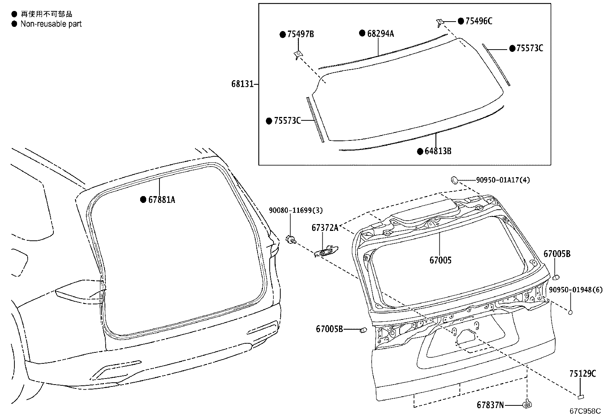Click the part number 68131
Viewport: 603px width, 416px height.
[242, 84]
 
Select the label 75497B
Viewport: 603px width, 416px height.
[300, 34]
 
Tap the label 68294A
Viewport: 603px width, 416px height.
[380, 34]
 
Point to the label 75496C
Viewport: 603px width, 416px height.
[478, 21]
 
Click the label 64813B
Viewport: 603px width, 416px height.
[438, 151]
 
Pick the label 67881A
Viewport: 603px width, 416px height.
[161, 199]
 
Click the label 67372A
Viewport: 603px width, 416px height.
[325, 228]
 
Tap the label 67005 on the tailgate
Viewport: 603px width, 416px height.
[441, 260]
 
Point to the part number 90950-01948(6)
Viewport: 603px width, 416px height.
[575, 290]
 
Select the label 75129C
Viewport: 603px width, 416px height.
[582, 374]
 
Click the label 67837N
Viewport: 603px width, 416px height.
[490, 405]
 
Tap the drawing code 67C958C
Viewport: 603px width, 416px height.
[586, 411]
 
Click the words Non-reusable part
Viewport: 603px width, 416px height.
[51, 24]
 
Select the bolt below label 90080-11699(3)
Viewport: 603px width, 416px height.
[291, 239]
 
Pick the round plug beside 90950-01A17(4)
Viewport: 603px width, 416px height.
[455, 179]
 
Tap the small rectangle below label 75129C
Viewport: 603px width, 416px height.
[581, 397]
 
